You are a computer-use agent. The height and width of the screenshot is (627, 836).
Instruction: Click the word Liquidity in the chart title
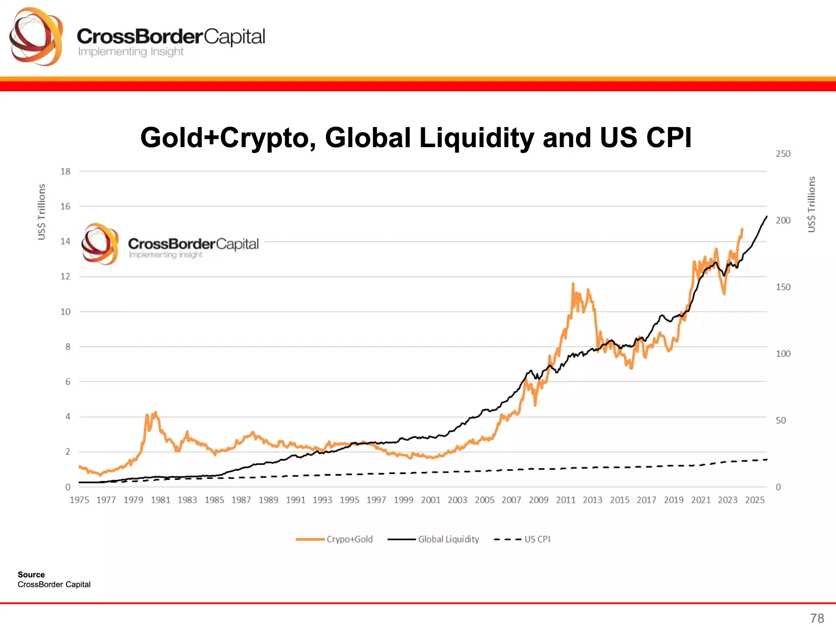(477, 138)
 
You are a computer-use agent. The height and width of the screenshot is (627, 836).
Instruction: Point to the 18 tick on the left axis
(65, 171)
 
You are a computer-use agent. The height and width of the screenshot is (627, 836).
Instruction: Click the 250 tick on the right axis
(783, 154)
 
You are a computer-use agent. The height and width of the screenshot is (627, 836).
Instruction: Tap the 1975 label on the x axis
(79, 500)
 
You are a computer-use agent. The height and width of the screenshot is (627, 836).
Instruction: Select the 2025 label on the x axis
(754, 500)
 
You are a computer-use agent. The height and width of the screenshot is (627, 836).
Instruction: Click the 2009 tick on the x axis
(538, 500)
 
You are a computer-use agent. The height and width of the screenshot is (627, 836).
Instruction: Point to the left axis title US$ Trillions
(41, 212)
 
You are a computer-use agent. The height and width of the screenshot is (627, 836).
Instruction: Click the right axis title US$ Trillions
(811, 204)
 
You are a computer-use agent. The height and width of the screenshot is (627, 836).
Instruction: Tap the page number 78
(817, 618)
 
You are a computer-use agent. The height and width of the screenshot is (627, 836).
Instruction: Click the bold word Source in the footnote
(31, 575)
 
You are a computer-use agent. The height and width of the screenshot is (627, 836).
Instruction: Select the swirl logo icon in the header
(36, 37)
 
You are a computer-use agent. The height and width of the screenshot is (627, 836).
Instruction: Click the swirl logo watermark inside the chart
(100, 244)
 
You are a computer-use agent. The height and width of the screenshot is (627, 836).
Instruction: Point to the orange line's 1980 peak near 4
(155, 413)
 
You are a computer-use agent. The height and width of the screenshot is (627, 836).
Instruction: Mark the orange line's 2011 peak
(573, 284)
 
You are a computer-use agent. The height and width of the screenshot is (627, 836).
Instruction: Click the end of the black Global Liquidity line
(767, 217)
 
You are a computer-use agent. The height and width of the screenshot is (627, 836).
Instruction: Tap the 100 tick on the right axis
(783, 354)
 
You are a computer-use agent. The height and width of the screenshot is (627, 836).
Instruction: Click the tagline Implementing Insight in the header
(131, 52)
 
